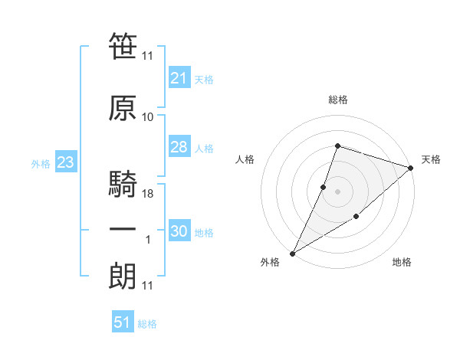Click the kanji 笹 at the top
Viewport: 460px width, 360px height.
tap(123, 46)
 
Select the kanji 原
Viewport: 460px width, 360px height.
tap(123, 108)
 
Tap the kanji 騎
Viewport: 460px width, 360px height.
tap(123, 183)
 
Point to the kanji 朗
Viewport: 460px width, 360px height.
tap(123, 276)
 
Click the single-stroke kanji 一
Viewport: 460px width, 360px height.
tap(123, 229)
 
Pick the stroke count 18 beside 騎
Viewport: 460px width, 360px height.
tap(147, 194)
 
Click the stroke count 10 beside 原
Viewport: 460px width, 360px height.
tap(147, 117)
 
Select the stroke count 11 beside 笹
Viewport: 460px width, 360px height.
tap(147, 56)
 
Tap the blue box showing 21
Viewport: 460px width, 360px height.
tap(179, 77)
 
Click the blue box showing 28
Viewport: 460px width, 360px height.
tap(179, 146)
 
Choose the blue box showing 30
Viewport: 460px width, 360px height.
tap(179, 230)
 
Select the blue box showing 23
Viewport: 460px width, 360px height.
tap(66, 162)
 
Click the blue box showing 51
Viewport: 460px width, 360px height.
tap(123, 321)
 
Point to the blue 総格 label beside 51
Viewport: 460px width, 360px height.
tap(147, 324)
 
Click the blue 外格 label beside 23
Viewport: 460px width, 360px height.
tap(41, 164)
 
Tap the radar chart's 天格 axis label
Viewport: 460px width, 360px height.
tap(431, 159)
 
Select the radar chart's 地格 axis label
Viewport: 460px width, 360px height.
tap(402, 262)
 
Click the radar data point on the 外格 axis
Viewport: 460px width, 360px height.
tap(292, 254)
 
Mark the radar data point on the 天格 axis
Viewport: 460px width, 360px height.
tap(411, 168)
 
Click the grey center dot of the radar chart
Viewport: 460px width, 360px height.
tap(337, 191)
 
